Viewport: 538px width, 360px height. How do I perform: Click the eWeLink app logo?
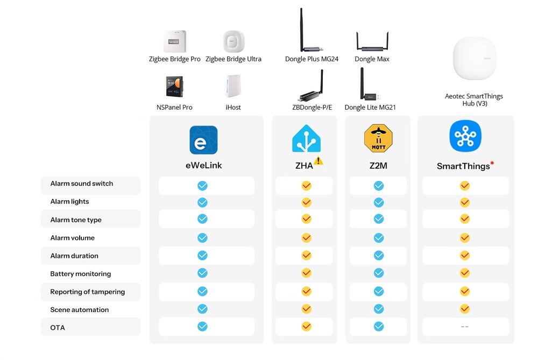tap(203, 140)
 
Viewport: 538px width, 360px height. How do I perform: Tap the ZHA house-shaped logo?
tap(306, 139)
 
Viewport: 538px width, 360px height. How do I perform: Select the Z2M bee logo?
tap(378, 138)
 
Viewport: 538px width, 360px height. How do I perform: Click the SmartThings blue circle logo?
tap(465, 136)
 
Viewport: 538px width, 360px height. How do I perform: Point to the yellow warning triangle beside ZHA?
tap(318, 160)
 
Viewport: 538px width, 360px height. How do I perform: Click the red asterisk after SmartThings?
tap(492, 163)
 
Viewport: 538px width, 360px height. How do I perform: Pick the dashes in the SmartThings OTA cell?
tap(465, 327)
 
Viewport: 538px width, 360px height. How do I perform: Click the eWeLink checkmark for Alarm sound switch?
tap(202, 186)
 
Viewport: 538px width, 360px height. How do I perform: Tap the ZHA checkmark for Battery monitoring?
tap(307, 273)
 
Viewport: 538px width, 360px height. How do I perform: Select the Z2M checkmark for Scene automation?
tap(379, 309)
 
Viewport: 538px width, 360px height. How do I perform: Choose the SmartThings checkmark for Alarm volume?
tap(465, 237)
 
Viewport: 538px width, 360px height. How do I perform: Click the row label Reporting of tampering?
tap(88, 292)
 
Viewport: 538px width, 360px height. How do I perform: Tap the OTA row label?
tap(58, 328)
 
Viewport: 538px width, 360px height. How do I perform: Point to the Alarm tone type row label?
tap(76, 220)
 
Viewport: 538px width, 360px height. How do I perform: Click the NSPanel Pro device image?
tap(175, 86)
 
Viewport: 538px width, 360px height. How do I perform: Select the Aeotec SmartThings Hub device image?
tap(475, 58)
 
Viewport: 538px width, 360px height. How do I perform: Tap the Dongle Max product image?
tap(372, 41)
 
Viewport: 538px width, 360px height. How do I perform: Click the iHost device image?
tap(233, 86)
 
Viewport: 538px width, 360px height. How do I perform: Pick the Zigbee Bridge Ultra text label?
tap(233, 59)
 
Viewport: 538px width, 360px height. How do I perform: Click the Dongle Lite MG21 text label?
tap(370, 108)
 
